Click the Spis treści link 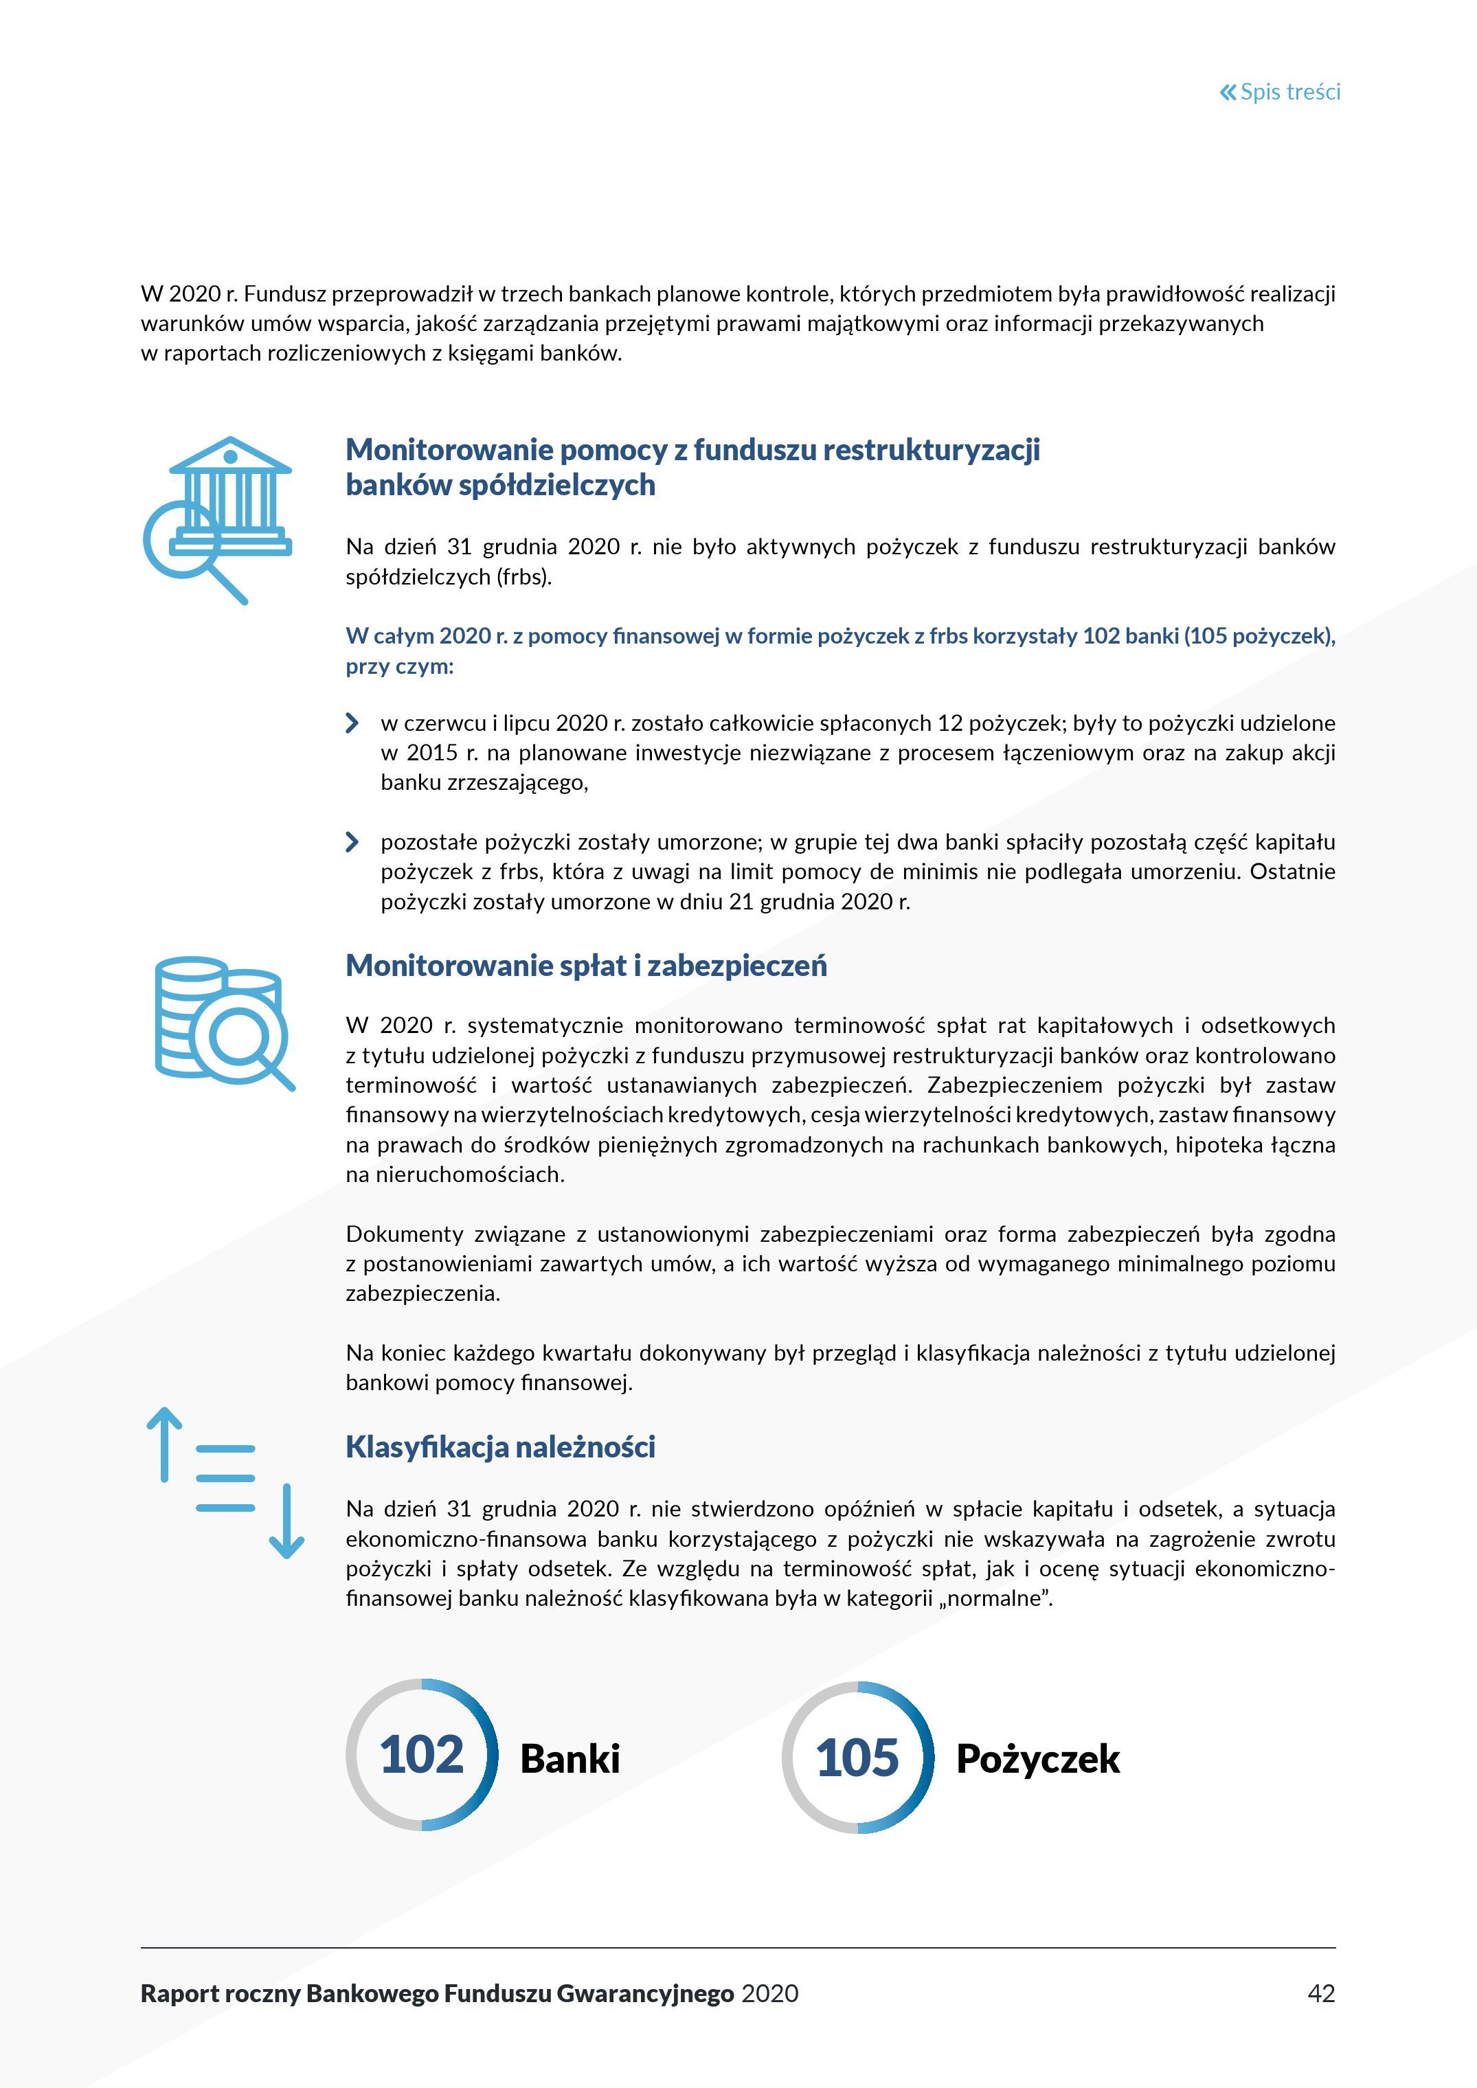[x=1289, y=92]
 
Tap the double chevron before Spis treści [x=1228, y=92]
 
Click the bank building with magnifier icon [x=218, y=519]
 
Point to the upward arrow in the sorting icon [x=165, y=1444]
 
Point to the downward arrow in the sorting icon [x=286, y=1521]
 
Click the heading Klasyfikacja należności [x=500, y=1447]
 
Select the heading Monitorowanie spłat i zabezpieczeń [x=586, y=966]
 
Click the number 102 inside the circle [x=421, y=1754]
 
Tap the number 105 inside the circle [x=857, y=1757]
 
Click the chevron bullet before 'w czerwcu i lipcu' [x=352, y=723]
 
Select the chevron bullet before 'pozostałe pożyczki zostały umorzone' [x=352, y=842]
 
